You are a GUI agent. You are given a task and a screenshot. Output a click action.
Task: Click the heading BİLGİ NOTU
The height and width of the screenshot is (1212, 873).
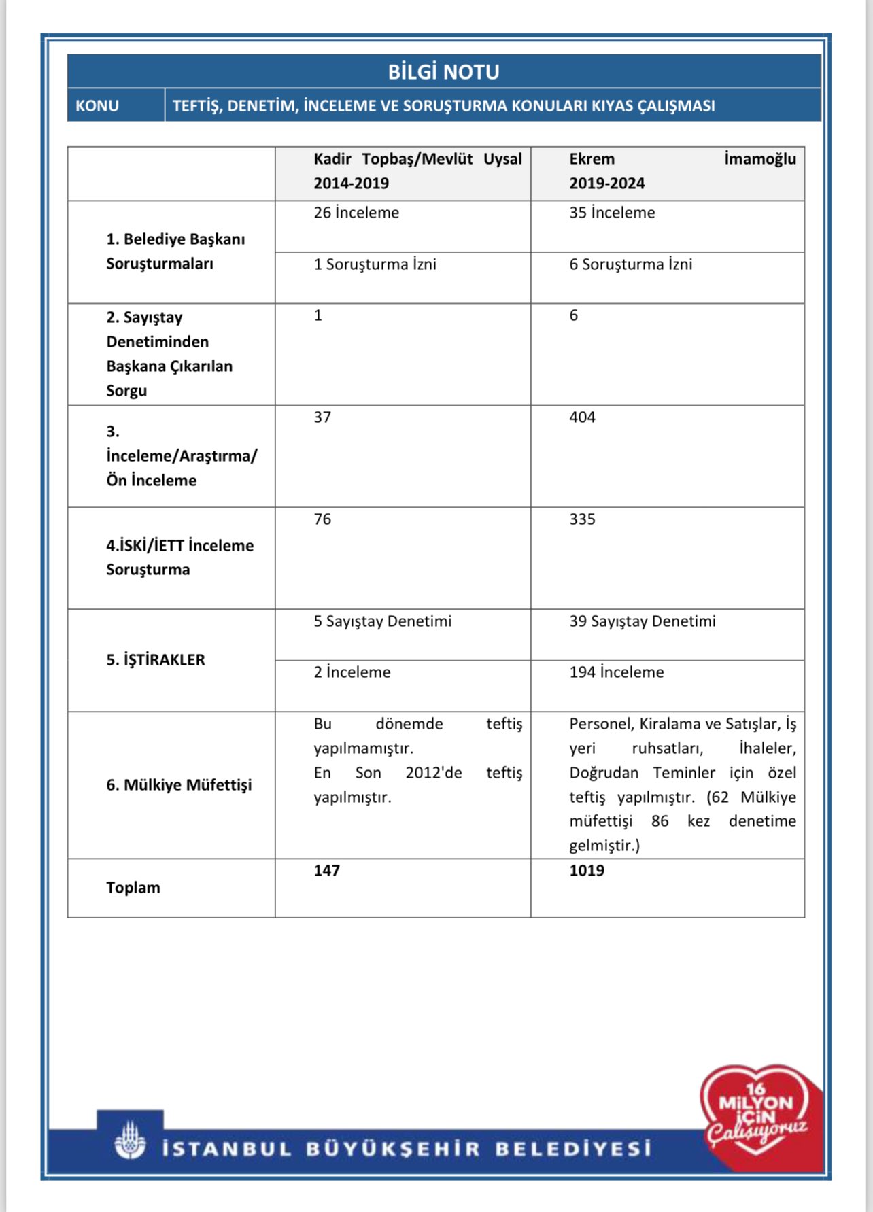click(443, 71)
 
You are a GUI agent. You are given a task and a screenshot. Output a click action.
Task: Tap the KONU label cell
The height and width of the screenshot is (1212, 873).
click(97, 106)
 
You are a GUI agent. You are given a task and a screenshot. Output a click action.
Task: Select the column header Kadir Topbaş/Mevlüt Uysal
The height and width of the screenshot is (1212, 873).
click(417, 159)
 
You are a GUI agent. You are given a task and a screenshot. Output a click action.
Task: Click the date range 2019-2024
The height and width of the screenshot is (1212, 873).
click(606, 184)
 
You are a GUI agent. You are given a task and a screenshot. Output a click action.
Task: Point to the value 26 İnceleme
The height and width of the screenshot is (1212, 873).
click(356, 213)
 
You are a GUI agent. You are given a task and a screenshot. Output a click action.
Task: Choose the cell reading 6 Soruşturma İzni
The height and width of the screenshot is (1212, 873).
click(630, 264)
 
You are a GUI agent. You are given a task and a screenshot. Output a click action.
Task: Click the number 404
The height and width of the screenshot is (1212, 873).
click(582, 417)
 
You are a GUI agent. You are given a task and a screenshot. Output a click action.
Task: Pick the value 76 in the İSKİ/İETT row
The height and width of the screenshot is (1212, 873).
click(322, 519)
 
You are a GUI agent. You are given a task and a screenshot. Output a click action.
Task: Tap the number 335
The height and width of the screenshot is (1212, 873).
click(582, 519)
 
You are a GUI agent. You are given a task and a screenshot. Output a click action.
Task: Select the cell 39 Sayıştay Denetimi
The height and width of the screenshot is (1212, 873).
click(642, 621)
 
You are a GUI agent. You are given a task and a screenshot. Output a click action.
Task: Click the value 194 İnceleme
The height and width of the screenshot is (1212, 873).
click(616, 672)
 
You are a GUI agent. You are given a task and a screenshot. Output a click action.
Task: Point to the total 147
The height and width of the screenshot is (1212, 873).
click(326, 871)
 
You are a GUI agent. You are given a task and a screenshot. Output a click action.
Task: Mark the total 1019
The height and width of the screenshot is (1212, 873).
click(586, 871)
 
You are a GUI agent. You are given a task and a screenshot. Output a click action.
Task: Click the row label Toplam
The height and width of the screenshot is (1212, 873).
click(133, 888)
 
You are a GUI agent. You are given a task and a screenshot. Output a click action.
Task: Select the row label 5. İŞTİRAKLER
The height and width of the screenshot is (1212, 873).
click(156, 660)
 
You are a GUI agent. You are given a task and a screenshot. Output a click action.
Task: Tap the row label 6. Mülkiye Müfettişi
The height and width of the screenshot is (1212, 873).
click(179, 785)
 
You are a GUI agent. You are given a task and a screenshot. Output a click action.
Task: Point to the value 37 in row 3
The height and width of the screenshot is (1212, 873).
click(322, 417)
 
